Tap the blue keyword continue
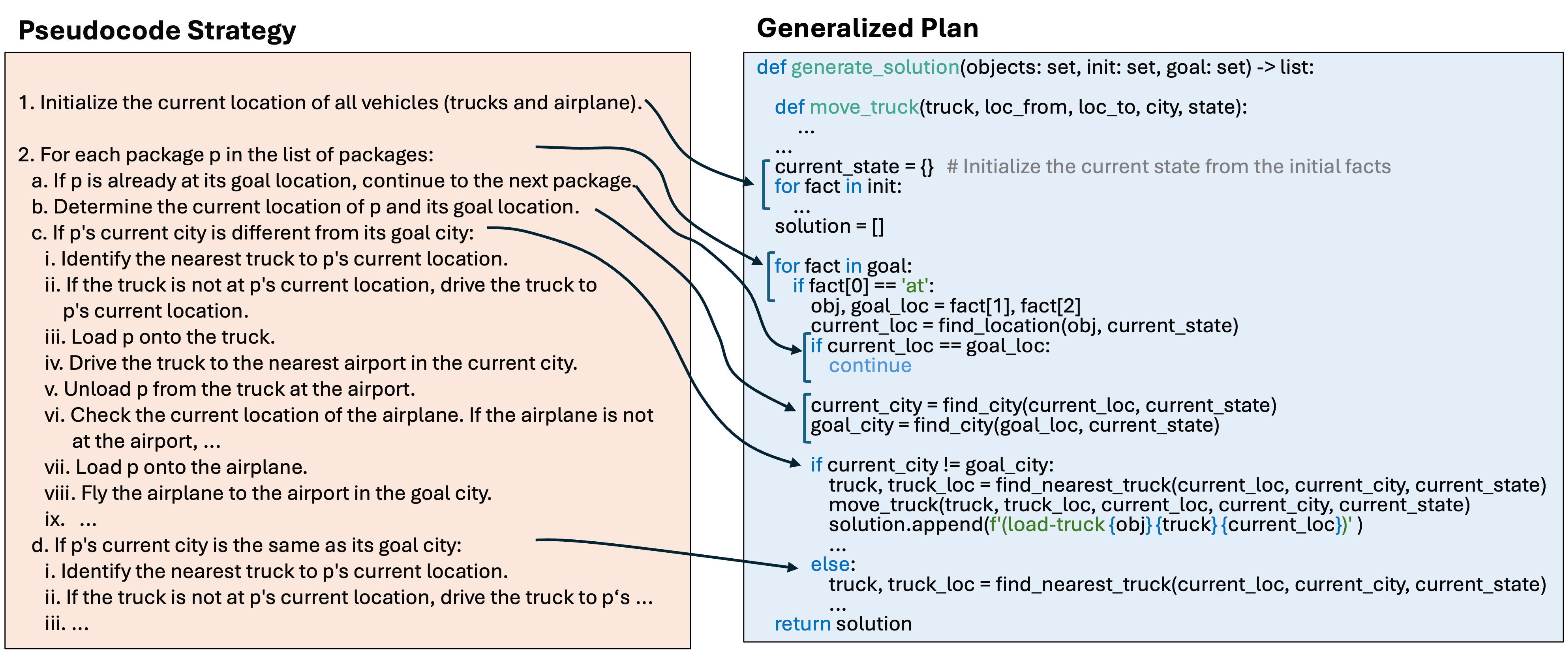point(870,366)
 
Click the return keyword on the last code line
point(802,624)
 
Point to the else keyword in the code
point(831,564)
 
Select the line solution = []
point(829,226)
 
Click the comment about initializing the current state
point(1168,166)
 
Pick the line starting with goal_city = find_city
point(1015,425)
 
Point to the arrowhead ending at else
point(792,567)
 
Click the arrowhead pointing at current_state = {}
point(749,181)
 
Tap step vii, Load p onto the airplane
point(176,467)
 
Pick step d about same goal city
point(246,545)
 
